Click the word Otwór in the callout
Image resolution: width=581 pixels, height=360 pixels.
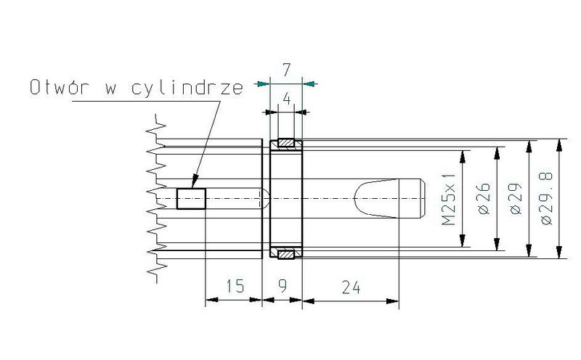(x=60, y=87)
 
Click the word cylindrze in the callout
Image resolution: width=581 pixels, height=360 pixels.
(x=187, y=88)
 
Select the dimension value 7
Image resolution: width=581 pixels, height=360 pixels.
(x=286, y=70)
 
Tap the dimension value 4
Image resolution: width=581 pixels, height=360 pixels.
(x=286, y=99)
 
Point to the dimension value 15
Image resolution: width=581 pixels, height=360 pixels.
(x=235, y=286)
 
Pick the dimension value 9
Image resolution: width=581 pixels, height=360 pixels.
(x=283, y=285)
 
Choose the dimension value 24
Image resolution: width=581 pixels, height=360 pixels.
(x=351, y=287)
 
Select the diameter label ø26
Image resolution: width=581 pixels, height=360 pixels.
(x=484, y=199)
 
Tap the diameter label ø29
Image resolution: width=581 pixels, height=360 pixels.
(x=516, y=199)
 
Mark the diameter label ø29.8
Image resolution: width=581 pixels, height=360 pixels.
(x=547, y=199)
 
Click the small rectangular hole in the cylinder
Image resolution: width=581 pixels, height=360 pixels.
(x=191, y=199)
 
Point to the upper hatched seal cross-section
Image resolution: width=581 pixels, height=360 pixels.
(x=286, y=142)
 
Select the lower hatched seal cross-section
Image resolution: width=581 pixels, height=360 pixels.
(x=286, y=255)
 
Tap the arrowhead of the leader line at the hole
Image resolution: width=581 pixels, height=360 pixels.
(x=194, y=181)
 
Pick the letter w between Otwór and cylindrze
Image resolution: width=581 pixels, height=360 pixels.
(x=110, y=89)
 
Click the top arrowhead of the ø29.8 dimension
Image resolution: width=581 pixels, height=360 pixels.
(x=559, y=145)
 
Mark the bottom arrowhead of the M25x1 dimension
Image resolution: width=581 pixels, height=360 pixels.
(x=463, y=241)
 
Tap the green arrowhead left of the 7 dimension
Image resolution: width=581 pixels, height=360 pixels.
(x=263, y=83)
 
